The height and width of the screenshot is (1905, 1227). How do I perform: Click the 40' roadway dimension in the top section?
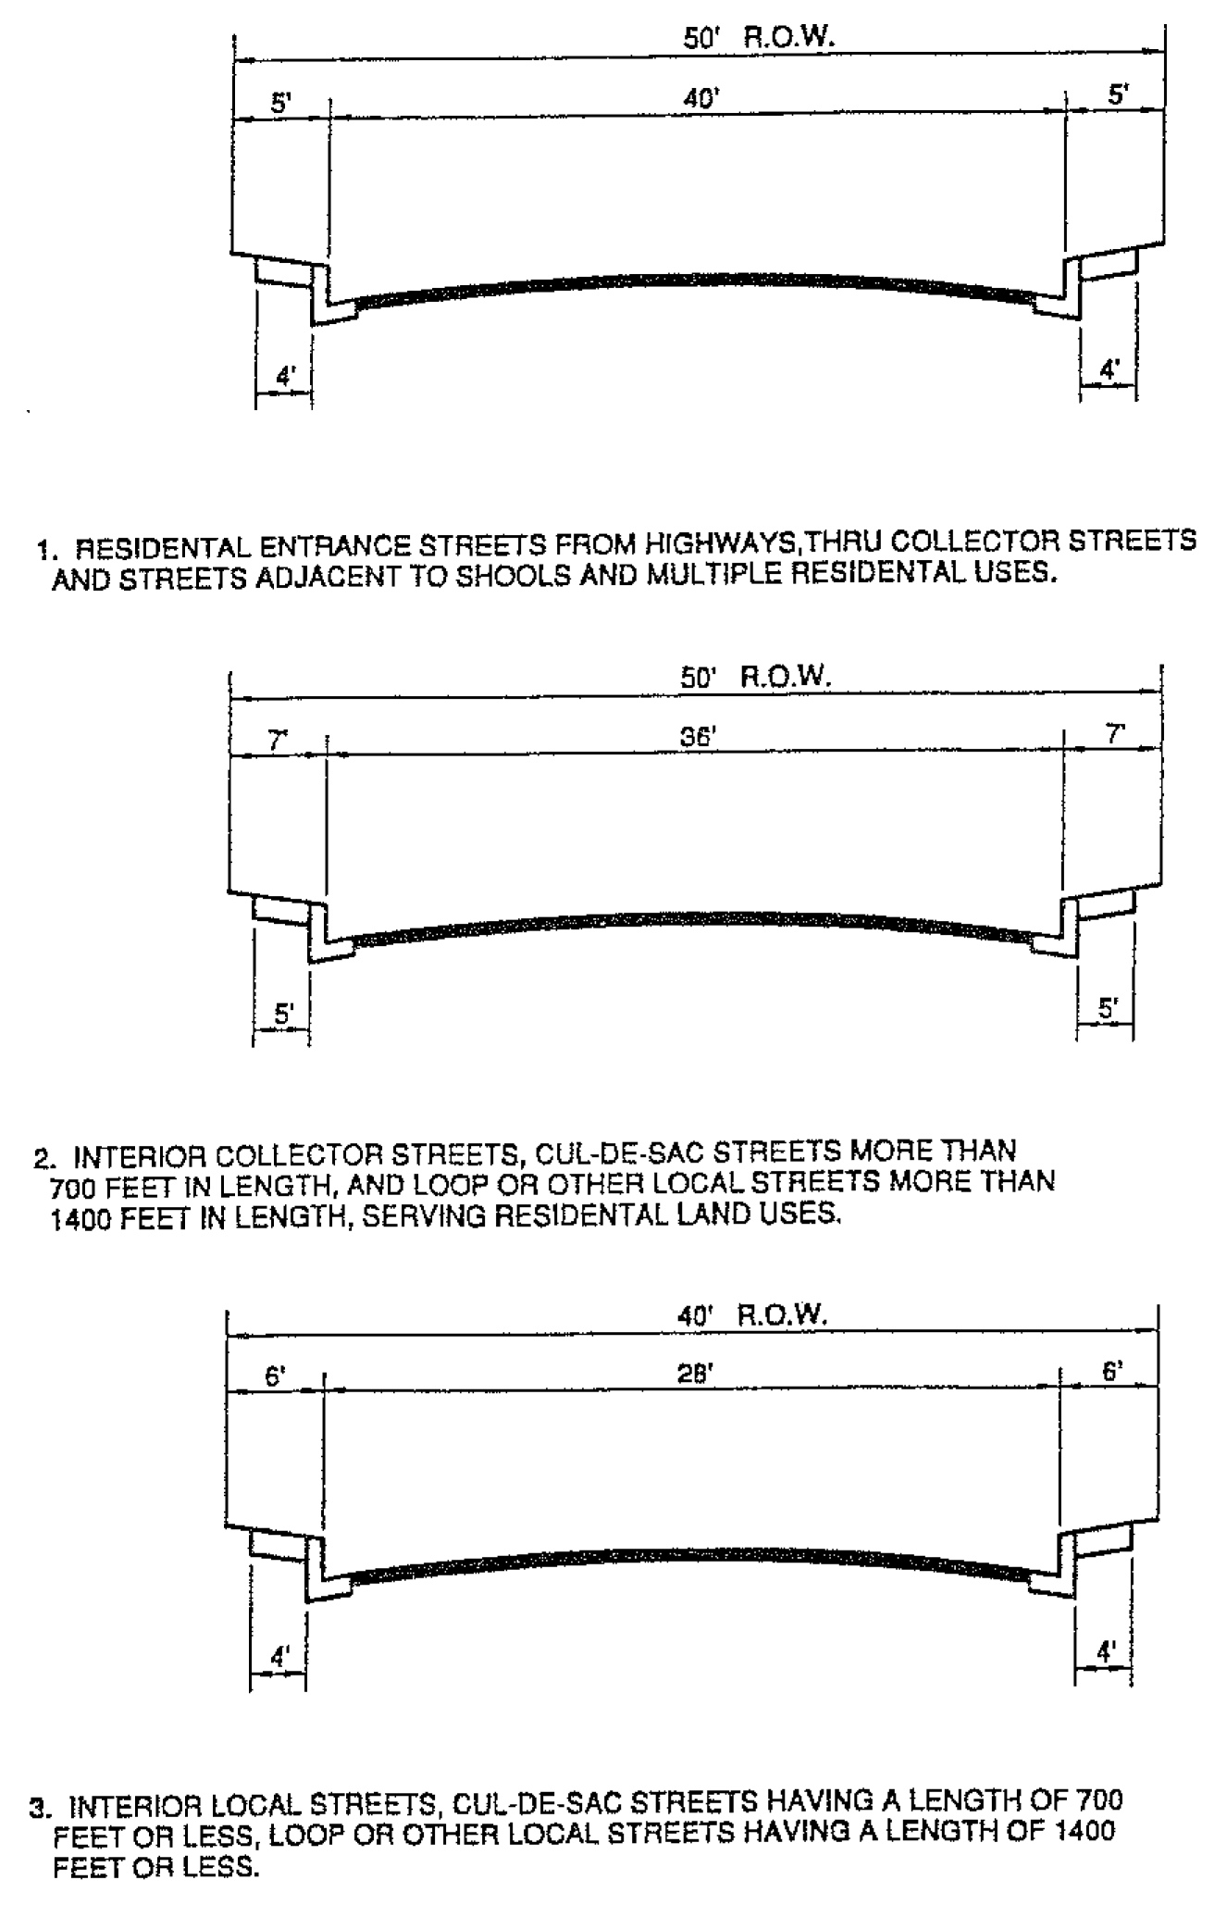pyautogui.click(x=701, y=98)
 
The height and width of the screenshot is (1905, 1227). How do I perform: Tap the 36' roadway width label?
pyautogui.click(x=699, y=737)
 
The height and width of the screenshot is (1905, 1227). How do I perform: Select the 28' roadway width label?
pyautogui.click(x=695, y=1375)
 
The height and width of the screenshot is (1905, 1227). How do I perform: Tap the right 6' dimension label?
pyautogui.click(x=1112, y=1371)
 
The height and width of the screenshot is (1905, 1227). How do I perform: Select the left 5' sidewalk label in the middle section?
pyautogui.click(x=282, y=1014)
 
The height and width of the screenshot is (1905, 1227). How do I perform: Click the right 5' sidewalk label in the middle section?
pyautogui.click(x=1107, y=1008)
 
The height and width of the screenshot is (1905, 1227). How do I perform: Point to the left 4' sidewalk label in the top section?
pyautogui.click(x=285, y=377)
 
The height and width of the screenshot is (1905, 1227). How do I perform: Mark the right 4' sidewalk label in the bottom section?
pyautogui.click(x=1106, y=1650)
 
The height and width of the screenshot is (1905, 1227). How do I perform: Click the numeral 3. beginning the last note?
pyautogui.click(x=41, y=1807)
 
